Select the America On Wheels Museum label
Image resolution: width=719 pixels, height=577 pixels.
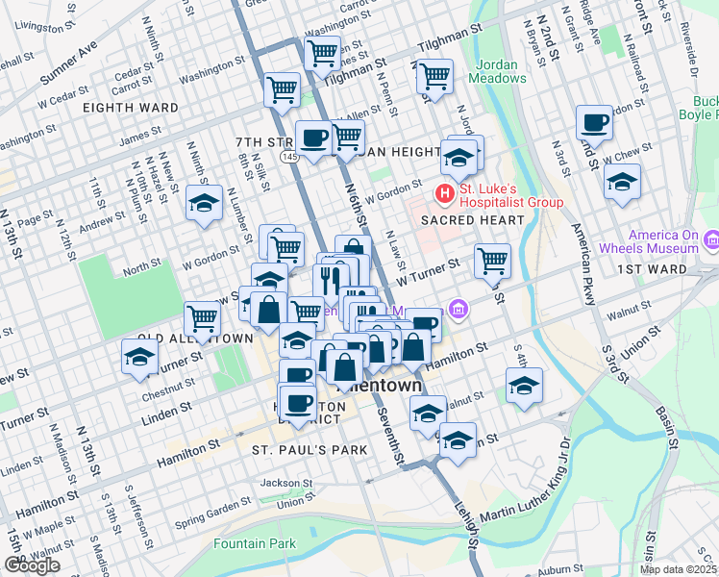[x=663, y=241]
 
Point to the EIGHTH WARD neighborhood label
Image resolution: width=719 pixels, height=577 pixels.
[x=136, y=108]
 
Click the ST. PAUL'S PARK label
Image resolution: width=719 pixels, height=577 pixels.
[x=303, y=450]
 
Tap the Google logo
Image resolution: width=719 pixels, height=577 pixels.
[x=32, y=565]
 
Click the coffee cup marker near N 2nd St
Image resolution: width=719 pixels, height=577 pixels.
[x=594, y=123]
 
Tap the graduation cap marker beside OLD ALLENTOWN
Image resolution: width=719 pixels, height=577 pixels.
[x=140, y=358]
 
